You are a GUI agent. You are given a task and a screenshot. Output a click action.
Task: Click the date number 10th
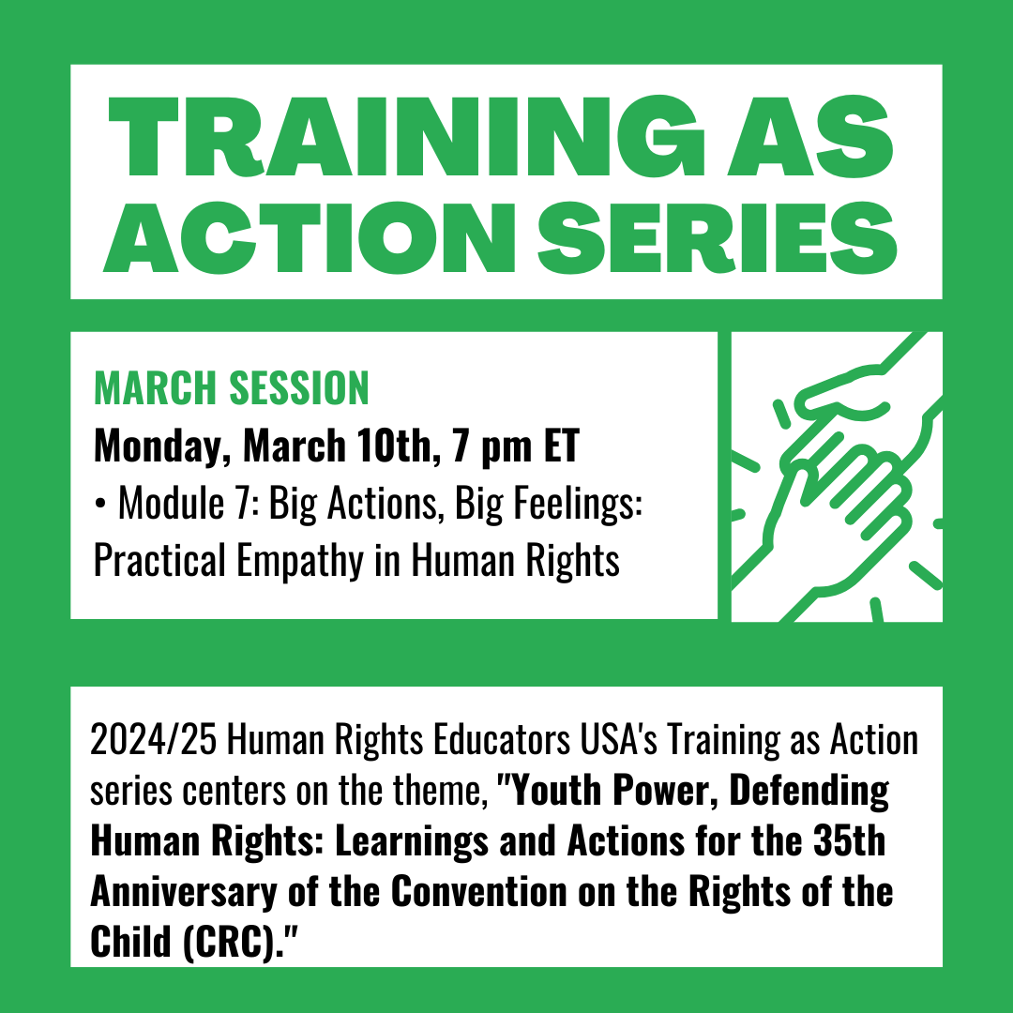point(386,447)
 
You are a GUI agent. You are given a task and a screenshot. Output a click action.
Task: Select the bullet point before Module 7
point(99,506)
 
